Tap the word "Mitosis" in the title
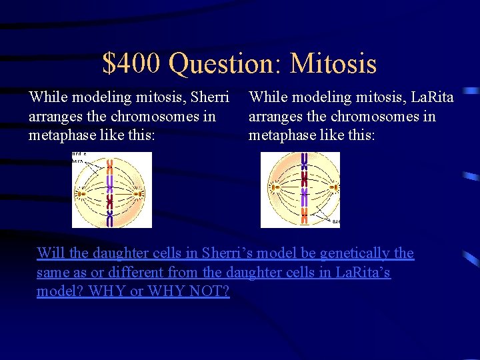333,63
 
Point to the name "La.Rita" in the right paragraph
432,97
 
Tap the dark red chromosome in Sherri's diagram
110,201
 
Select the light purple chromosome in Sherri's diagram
110,185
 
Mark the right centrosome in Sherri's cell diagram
137,194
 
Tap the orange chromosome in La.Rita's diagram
304,215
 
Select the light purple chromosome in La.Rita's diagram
304,197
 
